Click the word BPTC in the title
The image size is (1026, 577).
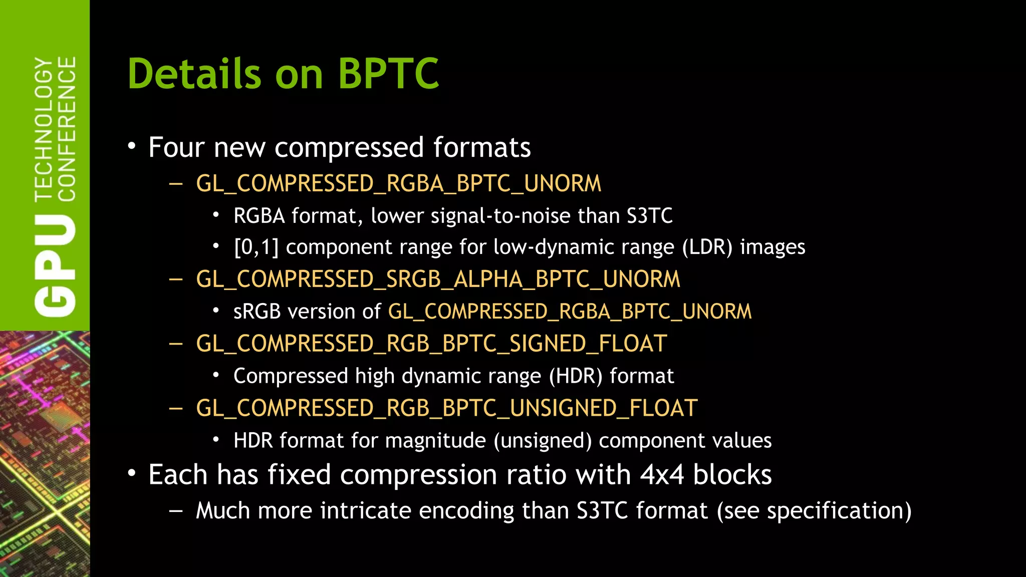(388, 74)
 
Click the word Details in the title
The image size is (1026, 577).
(194, 74)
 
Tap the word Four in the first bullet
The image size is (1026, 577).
(176, 148)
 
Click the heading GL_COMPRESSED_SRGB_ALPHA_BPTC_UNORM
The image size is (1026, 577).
(438, 279)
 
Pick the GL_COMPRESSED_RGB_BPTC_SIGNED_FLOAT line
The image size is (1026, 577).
(431, 344)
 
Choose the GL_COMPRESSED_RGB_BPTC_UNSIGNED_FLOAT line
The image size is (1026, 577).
(446, 408)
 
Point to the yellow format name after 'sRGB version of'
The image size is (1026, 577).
(570, 312)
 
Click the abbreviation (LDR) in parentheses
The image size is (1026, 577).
(707, 247)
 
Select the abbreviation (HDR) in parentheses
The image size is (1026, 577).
(576, 376)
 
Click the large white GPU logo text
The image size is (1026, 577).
(55, 265)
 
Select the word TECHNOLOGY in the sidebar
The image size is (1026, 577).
(44, 129)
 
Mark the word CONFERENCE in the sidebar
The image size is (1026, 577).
(67, 129)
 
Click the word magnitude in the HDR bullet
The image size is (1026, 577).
(435, 441)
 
